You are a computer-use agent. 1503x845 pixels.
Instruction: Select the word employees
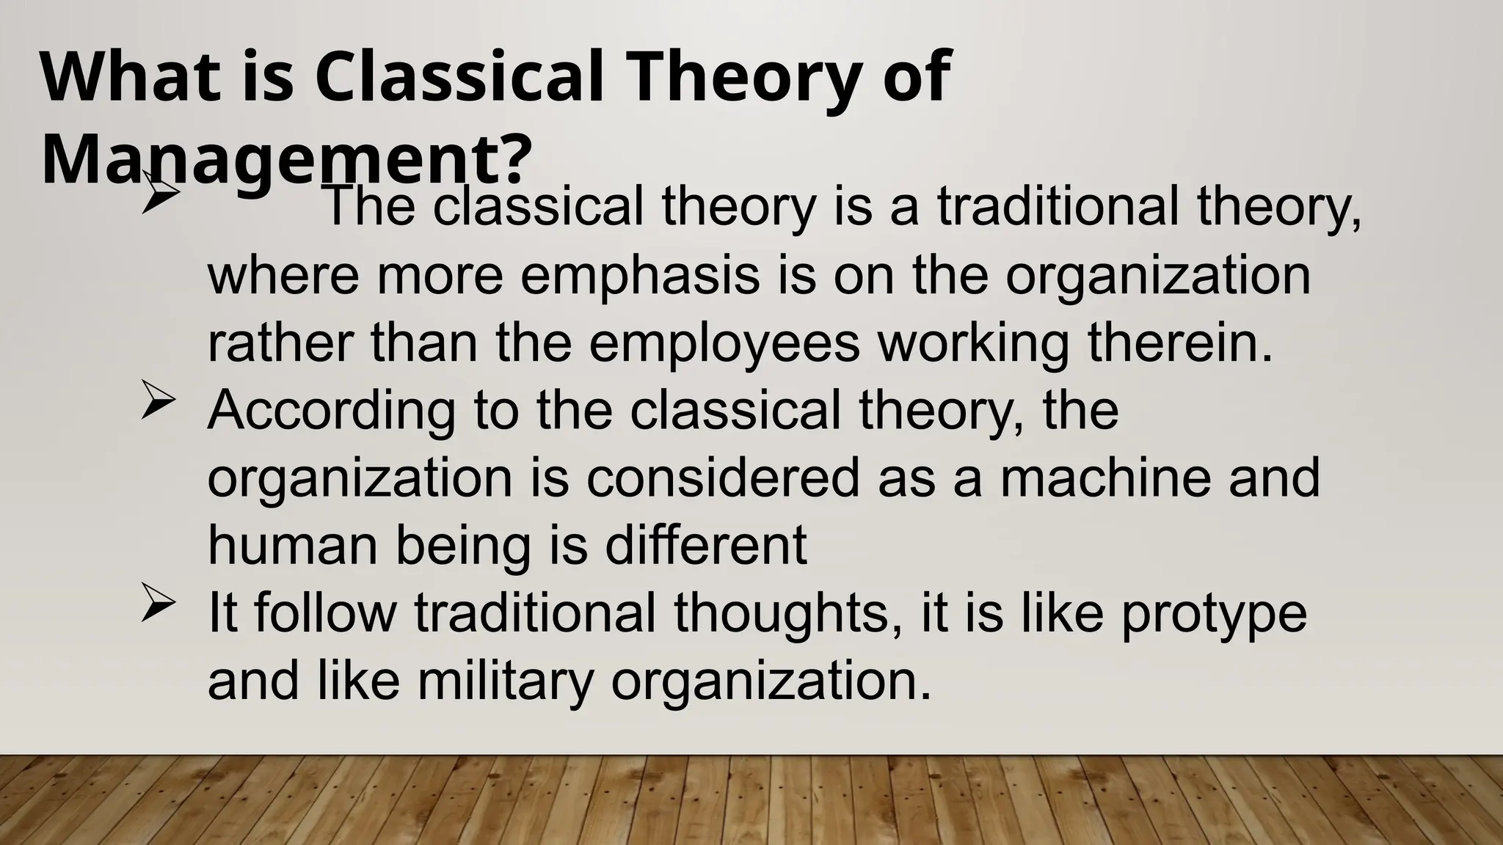(x=724, y=343)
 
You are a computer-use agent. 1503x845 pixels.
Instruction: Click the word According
(x=331, y=411)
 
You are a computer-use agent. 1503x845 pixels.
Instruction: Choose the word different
(x=705, y=546)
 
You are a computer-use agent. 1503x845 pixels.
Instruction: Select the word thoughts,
(x=787, y=613)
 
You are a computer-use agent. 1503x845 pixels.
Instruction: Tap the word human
(x=293, y=546)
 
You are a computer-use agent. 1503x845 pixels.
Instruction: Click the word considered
(x=722, y=478)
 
